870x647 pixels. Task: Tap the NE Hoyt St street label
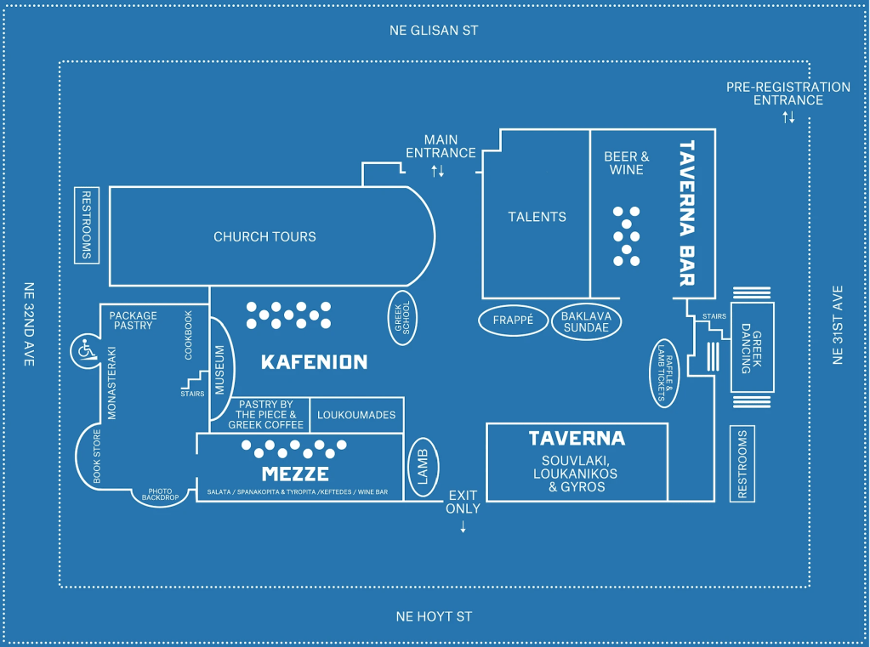[435, 616]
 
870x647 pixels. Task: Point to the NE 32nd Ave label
[29, 324]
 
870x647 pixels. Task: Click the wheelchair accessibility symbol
[85, 349]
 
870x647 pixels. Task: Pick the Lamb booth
[424, 466]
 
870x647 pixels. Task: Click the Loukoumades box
[356, 415]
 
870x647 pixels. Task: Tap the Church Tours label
[264, 237]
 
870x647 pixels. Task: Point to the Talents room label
[537, 217]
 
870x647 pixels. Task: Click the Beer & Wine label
[627, 163]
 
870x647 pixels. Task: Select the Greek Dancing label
[753, 348]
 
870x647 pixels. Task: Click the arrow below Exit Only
[463, 527]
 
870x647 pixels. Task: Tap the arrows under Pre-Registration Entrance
[788, 116]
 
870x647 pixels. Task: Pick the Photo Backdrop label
[162, 493]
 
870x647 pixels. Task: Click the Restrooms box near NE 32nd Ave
[86, 225]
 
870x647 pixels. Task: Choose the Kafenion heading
[314, 363]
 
